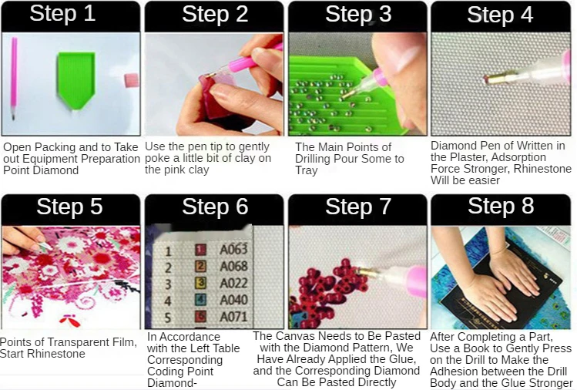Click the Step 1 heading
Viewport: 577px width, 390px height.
[x=62, y=14]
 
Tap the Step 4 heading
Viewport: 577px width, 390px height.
[x=500, y=15]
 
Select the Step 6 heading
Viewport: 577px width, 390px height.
[x=215, y=207]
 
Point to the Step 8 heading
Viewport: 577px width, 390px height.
[x=501, y=206]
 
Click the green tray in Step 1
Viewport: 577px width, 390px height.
[x=75, y=80]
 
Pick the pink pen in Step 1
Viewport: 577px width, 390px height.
[x=14, y=78]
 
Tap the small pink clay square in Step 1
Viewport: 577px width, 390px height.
[x=132, y=80]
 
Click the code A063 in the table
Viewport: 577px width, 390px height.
[x=233, y=249]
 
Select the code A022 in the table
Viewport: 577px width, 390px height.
[x=233, y=283]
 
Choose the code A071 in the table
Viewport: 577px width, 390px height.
[x=233, y=317]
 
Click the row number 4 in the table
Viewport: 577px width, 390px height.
[x=168, y=301]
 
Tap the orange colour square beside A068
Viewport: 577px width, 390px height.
[x=200, y=266]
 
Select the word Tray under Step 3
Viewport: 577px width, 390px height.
[x=306, y=170]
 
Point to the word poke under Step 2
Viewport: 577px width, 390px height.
[x=157, y=158]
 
